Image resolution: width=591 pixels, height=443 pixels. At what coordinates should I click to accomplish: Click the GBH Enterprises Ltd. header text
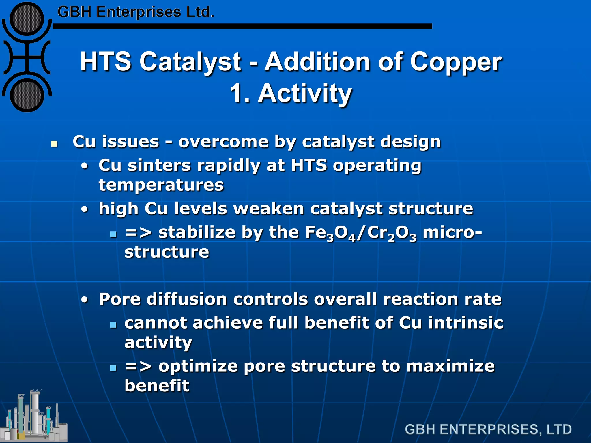click(136, 12)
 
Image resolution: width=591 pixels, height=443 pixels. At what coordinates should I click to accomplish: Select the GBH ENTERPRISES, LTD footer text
click(488, 429)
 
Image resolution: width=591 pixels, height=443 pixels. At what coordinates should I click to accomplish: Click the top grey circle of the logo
click(27, 19)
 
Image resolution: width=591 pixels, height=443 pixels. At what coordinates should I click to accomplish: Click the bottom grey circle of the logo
click(27, 95)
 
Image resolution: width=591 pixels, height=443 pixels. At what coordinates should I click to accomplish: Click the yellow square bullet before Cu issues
click(54, 143)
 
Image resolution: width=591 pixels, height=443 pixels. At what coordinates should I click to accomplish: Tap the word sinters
click(159, 166)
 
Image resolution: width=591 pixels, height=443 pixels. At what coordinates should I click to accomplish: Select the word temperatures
click(161, 185)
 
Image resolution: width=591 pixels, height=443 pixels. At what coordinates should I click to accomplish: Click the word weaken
click(268, 209)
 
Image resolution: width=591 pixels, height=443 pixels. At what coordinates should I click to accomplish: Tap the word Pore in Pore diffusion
click(119, 299)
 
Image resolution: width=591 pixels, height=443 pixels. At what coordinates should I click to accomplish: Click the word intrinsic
click(465, 322)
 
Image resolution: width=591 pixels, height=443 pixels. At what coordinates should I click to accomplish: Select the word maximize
click(450, 366)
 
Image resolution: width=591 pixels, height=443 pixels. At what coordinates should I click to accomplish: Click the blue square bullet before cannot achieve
click(113, 325)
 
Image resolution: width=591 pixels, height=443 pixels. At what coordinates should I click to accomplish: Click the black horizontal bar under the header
click(242, 26)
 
